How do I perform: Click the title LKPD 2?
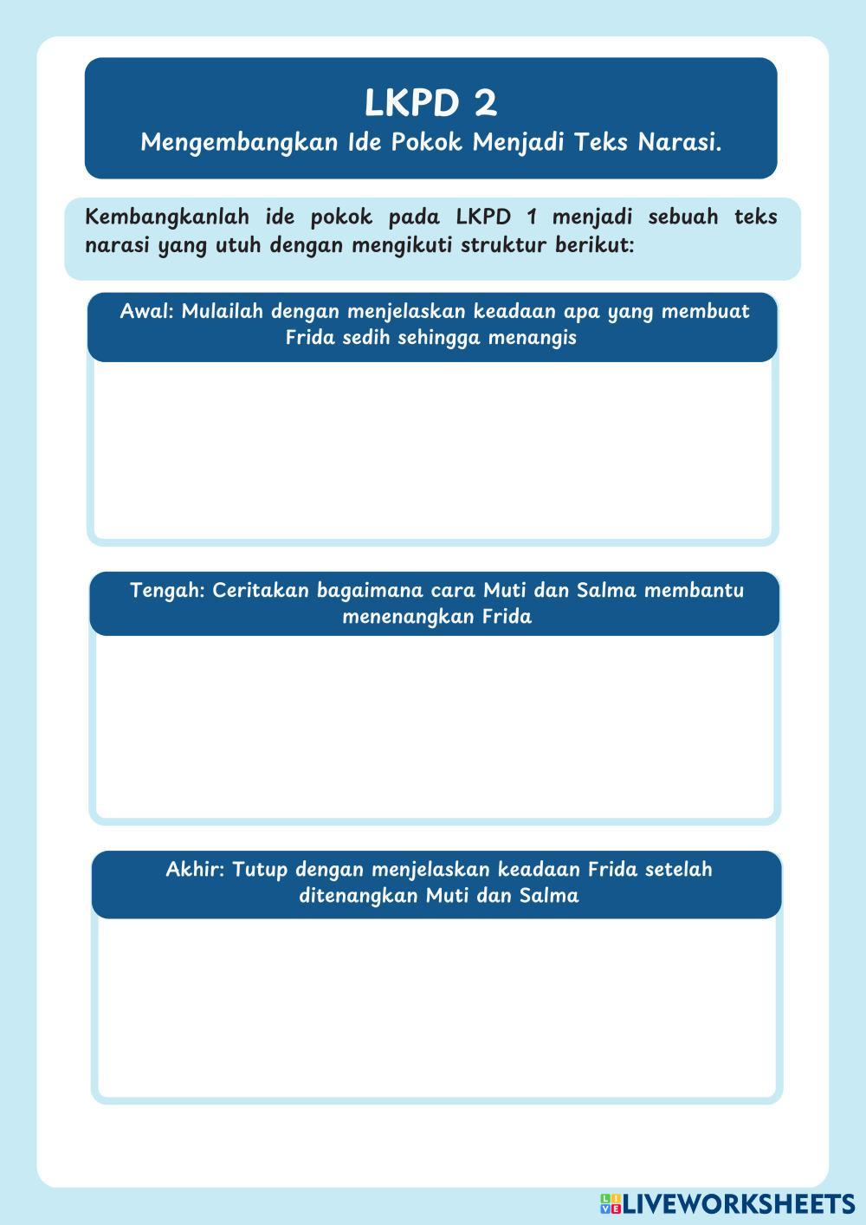430,103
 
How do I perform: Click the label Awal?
146,311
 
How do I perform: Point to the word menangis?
532,337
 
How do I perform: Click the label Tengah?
167,590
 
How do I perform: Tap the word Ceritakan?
260,590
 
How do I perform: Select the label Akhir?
195,869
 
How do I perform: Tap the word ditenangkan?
358,895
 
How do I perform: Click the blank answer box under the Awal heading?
432,450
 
